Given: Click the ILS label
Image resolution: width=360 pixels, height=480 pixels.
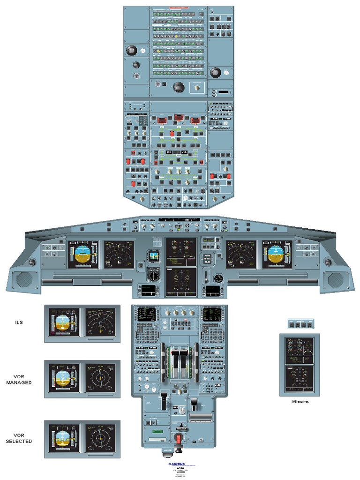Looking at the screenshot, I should (x=19, y=322).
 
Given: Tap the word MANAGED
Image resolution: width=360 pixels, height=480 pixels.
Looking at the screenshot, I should (x=19, y=382).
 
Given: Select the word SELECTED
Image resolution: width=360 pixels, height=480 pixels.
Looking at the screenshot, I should (x=19, y=441).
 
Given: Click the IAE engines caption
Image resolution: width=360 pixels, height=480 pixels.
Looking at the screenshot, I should (x=300, y=401).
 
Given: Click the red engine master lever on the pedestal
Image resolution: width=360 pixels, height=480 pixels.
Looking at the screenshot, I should (x=179, y=438).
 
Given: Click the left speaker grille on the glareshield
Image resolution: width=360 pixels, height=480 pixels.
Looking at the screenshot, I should (x=24, y=279).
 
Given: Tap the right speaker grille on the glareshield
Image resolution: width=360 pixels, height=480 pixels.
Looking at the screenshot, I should (x=336, y=279).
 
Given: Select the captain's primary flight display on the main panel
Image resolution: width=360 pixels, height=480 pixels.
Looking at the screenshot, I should (x=82, y=254).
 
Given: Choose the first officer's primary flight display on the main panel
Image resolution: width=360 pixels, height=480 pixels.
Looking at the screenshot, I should (x=277, y=254).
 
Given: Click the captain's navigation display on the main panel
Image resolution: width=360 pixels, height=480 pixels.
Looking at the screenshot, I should (x=119, y=254).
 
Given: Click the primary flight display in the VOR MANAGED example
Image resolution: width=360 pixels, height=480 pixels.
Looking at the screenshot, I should (x=63, y=378).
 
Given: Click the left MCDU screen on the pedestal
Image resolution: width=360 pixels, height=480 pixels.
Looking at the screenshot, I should (x=146, y=314).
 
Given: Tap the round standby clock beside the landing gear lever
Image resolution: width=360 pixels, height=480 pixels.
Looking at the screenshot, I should (x=218, y=278).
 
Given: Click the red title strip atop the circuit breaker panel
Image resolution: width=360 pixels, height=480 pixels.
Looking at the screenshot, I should (x=179, y=8).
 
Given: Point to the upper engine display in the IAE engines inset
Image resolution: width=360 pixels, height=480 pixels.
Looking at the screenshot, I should (x=300, y=349).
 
